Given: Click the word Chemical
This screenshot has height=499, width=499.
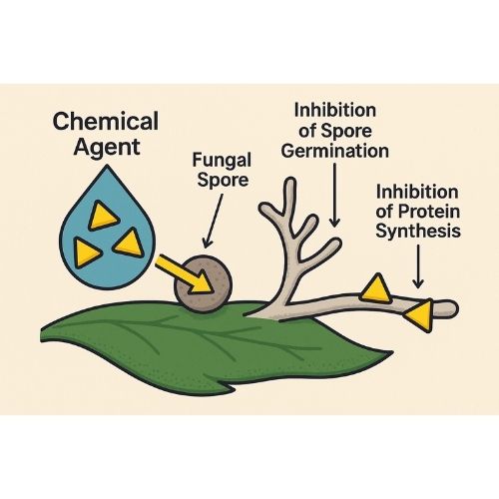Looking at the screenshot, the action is tap(106, 122).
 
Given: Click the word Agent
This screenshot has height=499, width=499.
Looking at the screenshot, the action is tap(107, 148).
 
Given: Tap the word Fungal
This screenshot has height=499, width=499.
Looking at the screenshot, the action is tap(222, 161).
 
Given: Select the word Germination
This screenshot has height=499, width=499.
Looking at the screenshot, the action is tap(335, 152).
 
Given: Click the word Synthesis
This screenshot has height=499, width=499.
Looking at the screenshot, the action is tap(418, 232).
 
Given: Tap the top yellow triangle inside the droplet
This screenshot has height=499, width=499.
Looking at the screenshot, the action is tap(103, 216).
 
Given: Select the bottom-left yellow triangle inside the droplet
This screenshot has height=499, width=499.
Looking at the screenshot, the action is tap(85, 252).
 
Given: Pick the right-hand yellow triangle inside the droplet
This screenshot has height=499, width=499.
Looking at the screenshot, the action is tap(130, 244).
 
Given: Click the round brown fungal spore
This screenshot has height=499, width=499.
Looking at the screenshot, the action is tap(204, 283).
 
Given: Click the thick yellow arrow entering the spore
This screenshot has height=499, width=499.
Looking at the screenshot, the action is tap(184, 273).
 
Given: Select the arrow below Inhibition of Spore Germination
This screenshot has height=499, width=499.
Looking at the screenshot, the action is tap(334, 196).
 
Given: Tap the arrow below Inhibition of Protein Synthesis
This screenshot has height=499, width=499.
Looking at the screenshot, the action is tap(418, 266).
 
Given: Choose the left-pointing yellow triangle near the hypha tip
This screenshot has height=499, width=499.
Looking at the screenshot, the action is tap(421, 315).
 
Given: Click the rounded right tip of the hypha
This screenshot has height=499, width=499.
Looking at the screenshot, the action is tap(456, 308).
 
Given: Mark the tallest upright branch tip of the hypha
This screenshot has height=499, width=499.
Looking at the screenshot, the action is tap(290, 182).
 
